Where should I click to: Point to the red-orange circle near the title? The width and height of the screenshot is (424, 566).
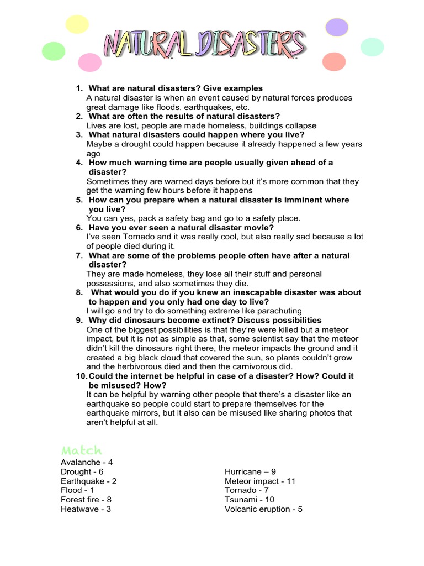(333, 61)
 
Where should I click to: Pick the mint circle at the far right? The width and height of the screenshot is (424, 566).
(372, 46)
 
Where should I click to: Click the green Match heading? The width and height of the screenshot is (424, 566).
(82, 450)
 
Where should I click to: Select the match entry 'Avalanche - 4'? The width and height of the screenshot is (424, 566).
(87, 462)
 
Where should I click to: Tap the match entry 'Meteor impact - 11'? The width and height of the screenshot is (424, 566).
(260, 481)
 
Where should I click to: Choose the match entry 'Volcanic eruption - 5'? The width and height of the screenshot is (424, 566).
(263, 509)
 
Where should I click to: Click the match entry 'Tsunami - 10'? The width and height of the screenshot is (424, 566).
(250, 500)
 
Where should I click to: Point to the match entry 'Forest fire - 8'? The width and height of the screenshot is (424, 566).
(86, 500)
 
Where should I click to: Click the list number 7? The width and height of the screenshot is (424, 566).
(79, 255)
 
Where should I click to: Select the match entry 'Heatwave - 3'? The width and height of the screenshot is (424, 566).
(86, 509)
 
